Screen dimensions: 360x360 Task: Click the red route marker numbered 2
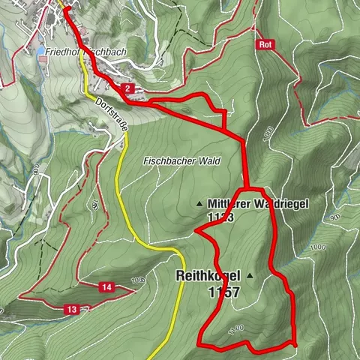click(129, 89)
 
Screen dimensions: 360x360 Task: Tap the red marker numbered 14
click(107, 287)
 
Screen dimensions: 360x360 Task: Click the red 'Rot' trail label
click(263, 44)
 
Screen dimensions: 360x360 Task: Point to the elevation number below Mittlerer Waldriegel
click(217, 217)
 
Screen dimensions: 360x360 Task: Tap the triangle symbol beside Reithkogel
click(250, 276)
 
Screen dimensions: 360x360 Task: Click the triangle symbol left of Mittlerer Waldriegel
click(199, 203)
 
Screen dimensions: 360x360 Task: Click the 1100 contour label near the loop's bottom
click(236, 327)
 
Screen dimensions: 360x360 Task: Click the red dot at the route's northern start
click(65, 9)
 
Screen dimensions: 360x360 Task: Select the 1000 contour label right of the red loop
click(318, 247)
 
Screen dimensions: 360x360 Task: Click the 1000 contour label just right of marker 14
click(136, 280)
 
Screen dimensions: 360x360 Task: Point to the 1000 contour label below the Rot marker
click(268, 133)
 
